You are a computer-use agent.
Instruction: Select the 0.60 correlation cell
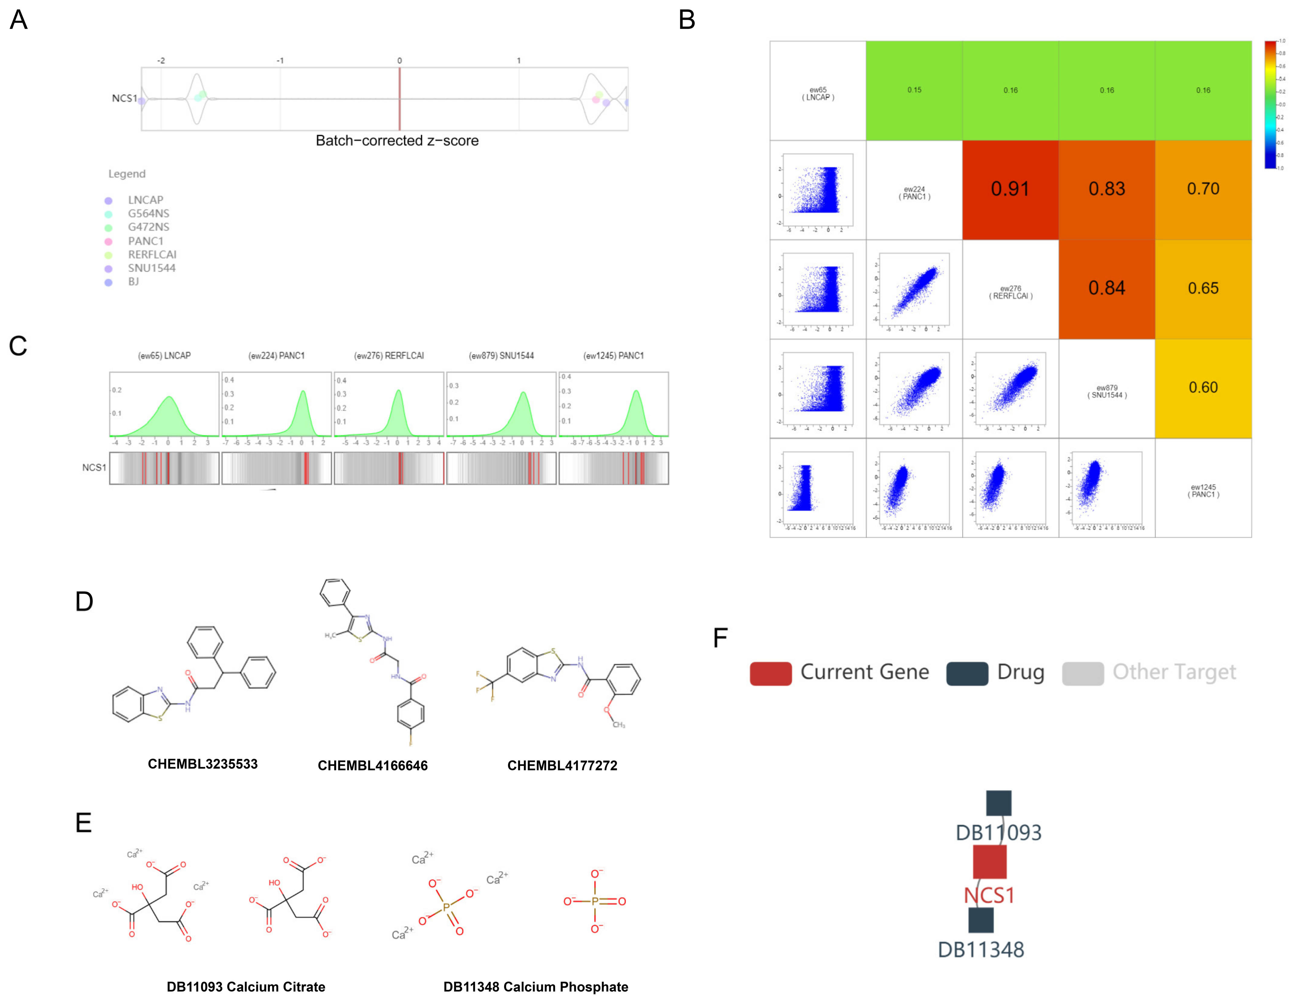[1203, 388]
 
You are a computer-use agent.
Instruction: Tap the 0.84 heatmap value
[1107, 288]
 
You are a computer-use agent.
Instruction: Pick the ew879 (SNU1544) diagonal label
[1107, 391]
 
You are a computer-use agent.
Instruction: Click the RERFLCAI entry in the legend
[151, 254]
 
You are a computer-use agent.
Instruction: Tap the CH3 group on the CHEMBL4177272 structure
[619, 724]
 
